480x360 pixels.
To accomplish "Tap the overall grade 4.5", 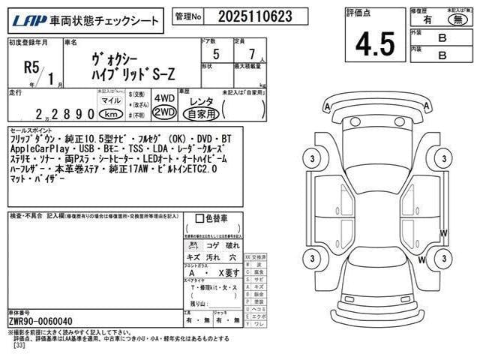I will pyautogui.click(x=375, y=43).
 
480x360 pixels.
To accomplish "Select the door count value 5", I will pyautogui.click(x=216, y=55).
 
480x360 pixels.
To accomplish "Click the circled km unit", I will pyautogui.click(x=110, y=114).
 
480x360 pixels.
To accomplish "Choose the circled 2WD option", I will pyautogui.click(x=163, y=112).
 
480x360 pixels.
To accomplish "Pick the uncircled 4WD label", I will pyautogui.click(x=163, y=98).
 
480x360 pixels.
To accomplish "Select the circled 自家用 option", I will pyautogui.click(x=202, y=114).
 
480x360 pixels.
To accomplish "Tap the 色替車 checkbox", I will pyautogui.click(x=199, y=218).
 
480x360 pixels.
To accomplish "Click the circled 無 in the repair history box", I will pyautogui.click(x=453, y=22).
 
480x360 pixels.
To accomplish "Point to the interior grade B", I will pyautogui.click(x=442, y=55).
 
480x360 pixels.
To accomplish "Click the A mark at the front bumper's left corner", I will pyautogui.click(x=328, y=107).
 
